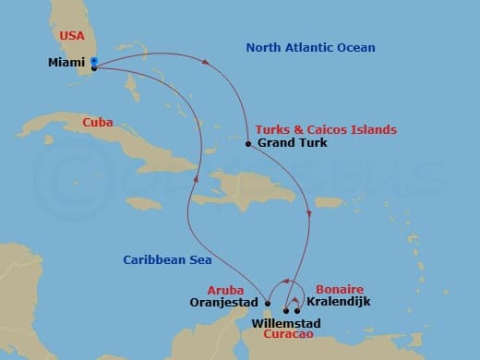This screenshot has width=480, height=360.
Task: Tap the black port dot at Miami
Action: (94, 67)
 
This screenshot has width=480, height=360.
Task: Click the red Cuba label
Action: (98, 121)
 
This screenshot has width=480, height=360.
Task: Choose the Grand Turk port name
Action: (286, 144)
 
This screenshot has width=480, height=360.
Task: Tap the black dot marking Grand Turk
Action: (248, 144)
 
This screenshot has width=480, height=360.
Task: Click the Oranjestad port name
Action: (225, 302)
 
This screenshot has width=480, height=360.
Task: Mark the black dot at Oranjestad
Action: (267, 303)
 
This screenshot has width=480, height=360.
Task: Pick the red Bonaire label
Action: (334, 289)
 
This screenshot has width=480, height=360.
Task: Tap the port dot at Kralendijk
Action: (297, 310)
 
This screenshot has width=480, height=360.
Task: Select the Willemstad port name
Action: (285, 324)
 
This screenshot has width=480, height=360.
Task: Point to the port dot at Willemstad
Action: (286, 310)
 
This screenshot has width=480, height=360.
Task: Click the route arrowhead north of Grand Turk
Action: (205, 64)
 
